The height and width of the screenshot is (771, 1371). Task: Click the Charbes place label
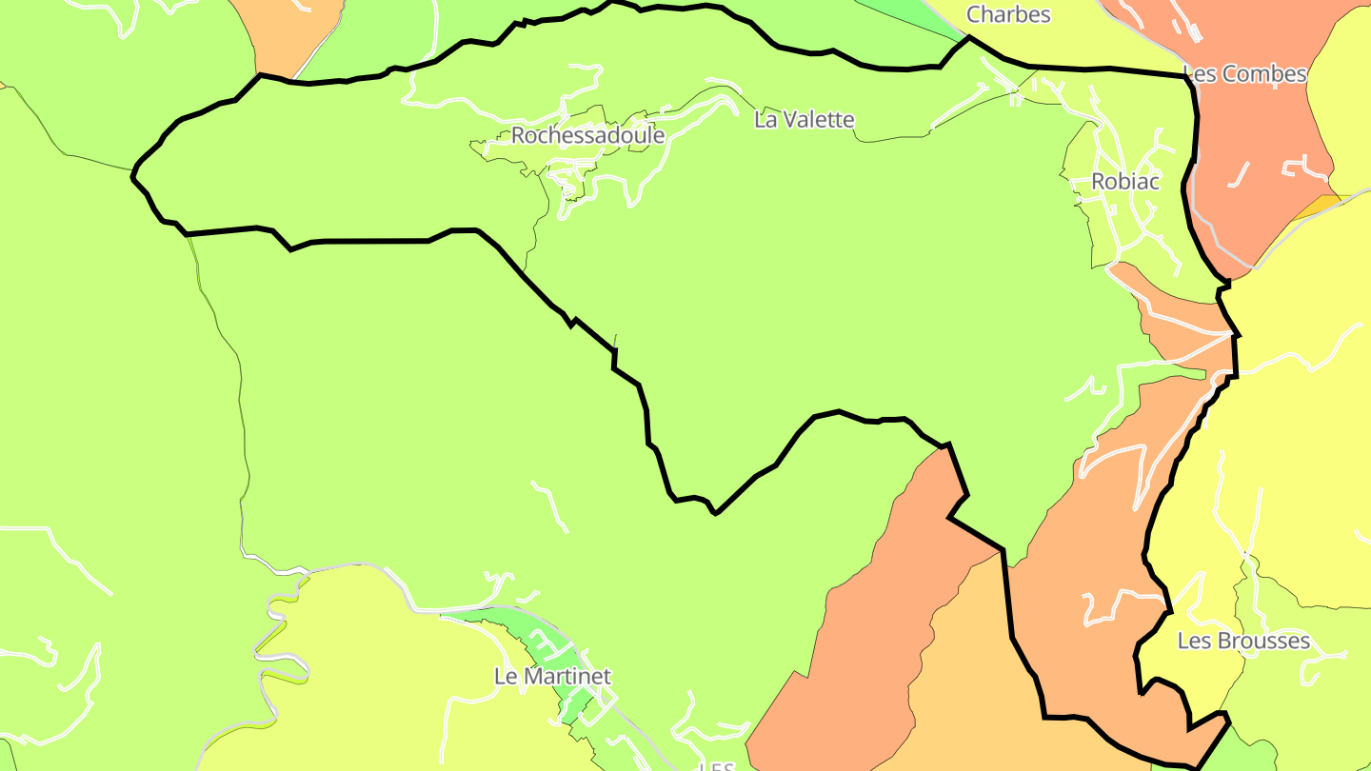coord(1008,14)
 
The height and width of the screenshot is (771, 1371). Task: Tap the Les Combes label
coord(1244,74)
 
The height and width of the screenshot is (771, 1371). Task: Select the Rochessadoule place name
coord(587,135)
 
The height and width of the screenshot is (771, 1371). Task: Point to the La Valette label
coord(804,120)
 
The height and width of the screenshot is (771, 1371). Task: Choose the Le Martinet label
coord(552,676)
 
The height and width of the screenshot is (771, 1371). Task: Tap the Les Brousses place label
coord(1243,641)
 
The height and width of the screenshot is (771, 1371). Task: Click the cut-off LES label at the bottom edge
coord(716,765)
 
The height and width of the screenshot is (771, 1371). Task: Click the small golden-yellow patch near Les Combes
coord(1321,206)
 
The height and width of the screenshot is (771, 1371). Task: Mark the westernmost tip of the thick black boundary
coord(132,173)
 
